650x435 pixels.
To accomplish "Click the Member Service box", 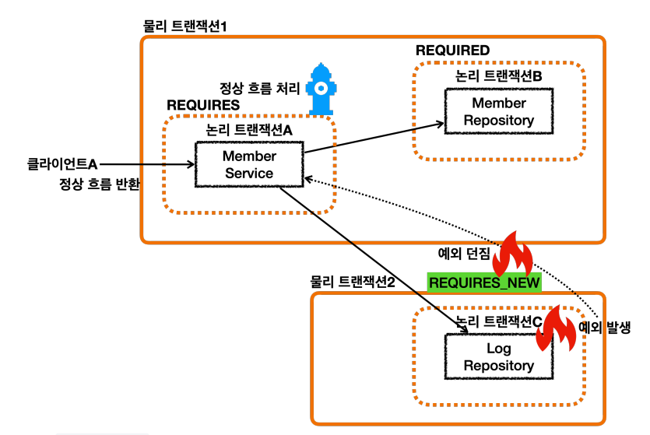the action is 249,164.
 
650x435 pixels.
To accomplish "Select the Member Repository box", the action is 499,111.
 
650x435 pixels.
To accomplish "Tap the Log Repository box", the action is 499,356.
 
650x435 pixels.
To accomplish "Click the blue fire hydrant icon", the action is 321,89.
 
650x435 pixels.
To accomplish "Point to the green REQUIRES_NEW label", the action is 484,283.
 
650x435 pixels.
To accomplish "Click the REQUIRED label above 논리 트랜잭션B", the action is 453,51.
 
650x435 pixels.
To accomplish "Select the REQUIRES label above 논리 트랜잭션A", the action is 203,105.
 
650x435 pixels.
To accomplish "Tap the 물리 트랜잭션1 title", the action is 185,26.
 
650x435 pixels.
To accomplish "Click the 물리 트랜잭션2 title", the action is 353,282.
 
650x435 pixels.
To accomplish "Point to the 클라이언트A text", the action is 62,164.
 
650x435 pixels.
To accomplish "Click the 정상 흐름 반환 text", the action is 100,184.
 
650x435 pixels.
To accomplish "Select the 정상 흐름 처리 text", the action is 259,88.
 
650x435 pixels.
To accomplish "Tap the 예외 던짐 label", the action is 464,253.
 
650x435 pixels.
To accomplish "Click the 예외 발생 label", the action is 604,328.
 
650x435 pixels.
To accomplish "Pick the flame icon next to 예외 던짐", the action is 513,254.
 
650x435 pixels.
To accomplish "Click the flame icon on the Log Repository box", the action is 556,328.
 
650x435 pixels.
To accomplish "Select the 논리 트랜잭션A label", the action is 249,130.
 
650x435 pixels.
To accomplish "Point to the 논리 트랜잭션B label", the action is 498,76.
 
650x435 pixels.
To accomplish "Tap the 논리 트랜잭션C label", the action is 499,321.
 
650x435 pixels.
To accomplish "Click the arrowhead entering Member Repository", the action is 440,124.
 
